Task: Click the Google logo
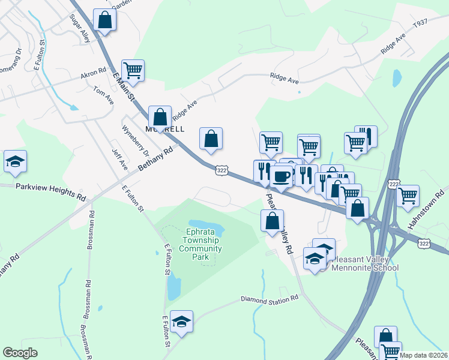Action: [x=20, y=353]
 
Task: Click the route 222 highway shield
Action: [x=394, y=183]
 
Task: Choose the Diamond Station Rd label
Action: [x=270, y=299]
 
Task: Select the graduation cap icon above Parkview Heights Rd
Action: [x=15, y=161]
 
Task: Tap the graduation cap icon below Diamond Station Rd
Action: [x=181, y=322]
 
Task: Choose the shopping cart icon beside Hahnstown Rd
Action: [x=408, y=195]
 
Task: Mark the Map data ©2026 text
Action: [x=424, y=355]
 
